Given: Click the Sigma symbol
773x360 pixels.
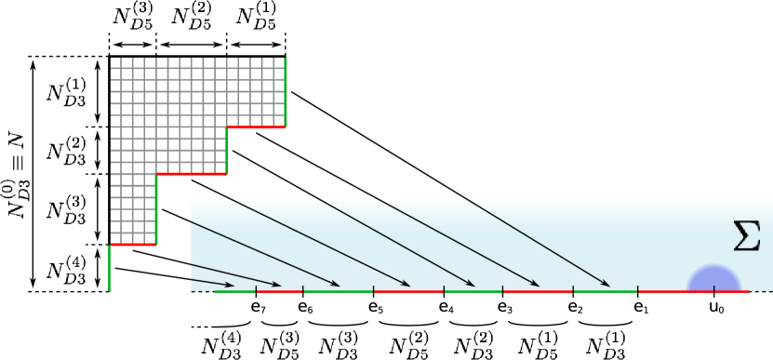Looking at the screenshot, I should [746, 236].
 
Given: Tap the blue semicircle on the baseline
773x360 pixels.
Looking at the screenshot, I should [713, 279].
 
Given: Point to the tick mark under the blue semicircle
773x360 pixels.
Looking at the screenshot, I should [713, 288].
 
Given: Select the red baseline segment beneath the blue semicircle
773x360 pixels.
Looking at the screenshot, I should [693, 292].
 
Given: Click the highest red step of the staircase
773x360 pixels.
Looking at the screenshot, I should [256, 127].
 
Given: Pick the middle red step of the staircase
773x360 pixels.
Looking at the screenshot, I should [191, 174].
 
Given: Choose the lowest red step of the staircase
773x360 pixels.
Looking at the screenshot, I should [133, 245].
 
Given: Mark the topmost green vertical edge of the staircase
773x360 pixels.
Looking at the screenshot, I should [286, 91].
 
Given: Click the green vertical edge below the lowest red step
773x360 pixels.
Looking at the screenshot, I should [109, 268].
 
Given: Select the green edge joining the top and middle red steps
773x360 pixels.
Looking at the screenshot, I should [226, 151].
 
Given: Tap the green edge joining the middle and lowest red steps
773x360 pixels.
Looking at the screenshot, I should [156, 209].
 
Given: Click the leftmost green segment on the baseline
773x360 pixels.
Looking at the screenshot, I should [235, 292].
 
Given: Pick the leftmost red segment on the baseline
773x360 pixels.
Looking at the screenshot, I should [279, 292].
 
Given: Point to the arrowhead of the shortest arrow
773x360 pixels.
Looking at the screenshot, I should [231, 286].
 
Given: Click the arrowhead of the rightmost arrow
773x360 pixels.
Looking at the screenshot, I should [606, 285].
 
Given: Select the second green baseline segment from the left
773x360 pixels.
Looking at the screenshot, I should [338, 292].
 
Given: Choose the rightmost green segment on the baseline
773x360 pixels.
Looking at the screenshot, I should [605, 292].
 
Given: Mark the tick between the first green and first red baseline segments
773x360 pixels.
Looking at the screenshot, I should [256, 289].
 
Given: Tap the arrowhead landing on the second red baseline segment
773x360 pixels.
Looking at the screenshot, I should [406, 285].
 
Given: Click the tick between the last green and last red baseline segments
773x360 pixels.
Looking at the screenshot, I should [638, 289].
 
